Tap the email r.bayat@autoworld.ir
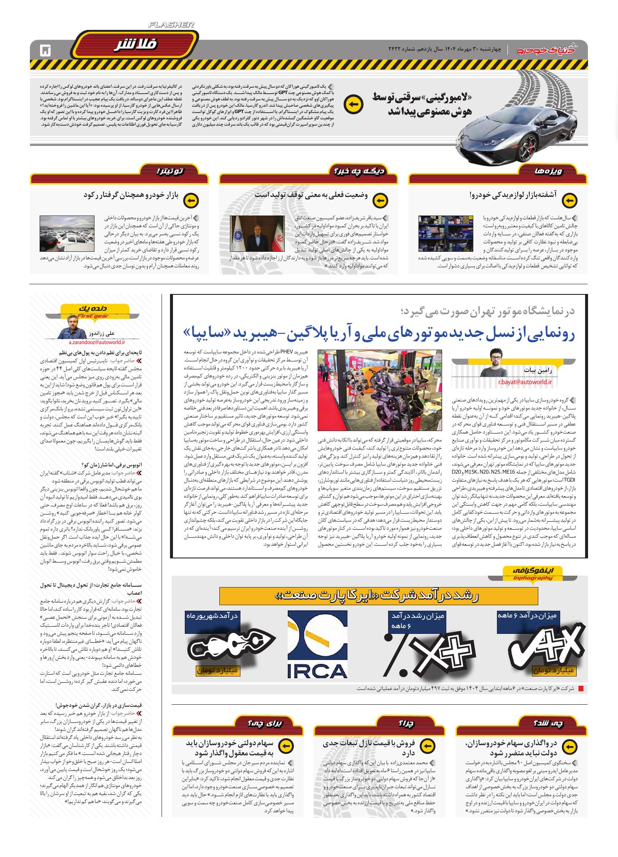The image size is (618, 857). (x=525, y=382)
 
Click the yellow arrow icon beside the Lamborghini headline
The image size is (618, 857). (x=354, y=105)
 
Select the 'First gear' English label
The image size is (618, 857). (x=93, y=316)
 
